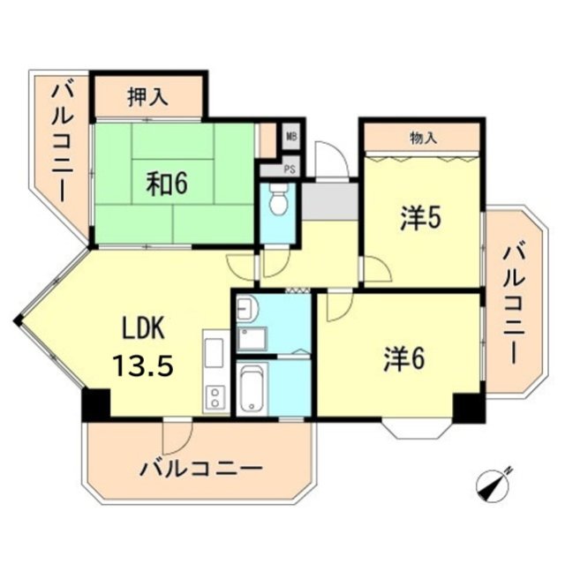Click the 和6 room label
pyautogui.click(x=167, y=184)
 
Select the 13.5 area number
pyautogui.click(x=141, y=365)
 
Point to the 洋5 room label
pyautogui.click(x=420, y=218)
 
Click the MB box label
pyautogui.click(x=291, y=138)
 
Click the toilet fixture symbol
pyautogui.click(x=278, y=201)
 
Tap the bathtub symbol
pyautogui.click(x=252, y=388)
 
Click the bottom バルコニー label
pyautogui.click(x=200, y=467)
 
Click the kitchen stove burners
pyautogui.click(x=215, y=398)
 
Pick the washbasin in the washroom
pyautogui.click(x=245, y=308)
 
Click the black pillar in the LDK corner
pyautogui.click(x=95, y=403)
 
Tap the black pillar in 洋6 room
pyautogui.click(x=468, y=407)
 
